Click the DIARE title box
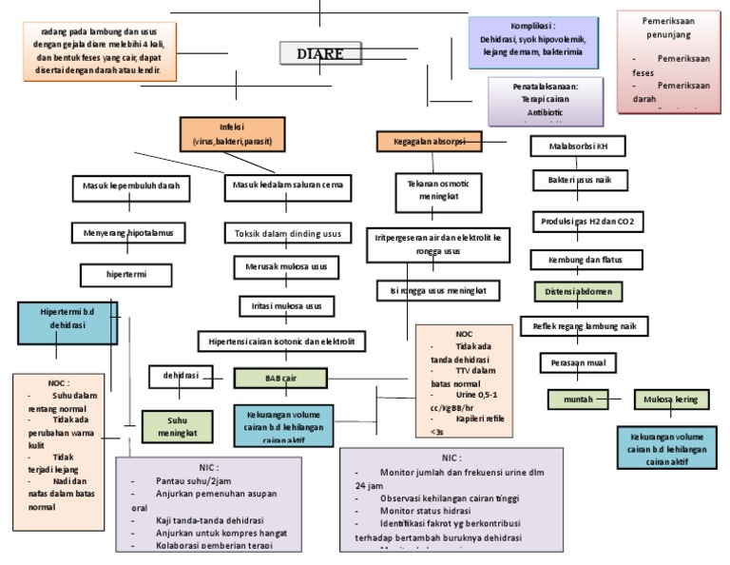pyautogui.click(x=319, y=53)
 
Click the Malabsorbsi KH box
pyautogui.click(x=578, y=146)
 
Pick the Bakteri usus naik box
pyautogui.click(x=578, y=179)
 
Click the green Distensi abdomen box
pyautogui.click(x=579, y=290)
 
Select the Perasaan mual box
pyautogui.click(x=578, y=362)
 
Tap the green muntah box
pyautogui.click(x=578, y=399)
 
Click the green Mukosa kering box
pyautogui.click(x=671, y=399)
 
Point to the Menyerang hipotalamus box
pyautogui.click(x=128, y=232)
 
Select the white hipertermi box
pyautogui.click(x=125, y=275)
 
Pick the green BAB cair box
pyautogui.click(x=280, y=378)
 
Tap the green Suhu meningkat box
pyautogui.click(x=177, y=425)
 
